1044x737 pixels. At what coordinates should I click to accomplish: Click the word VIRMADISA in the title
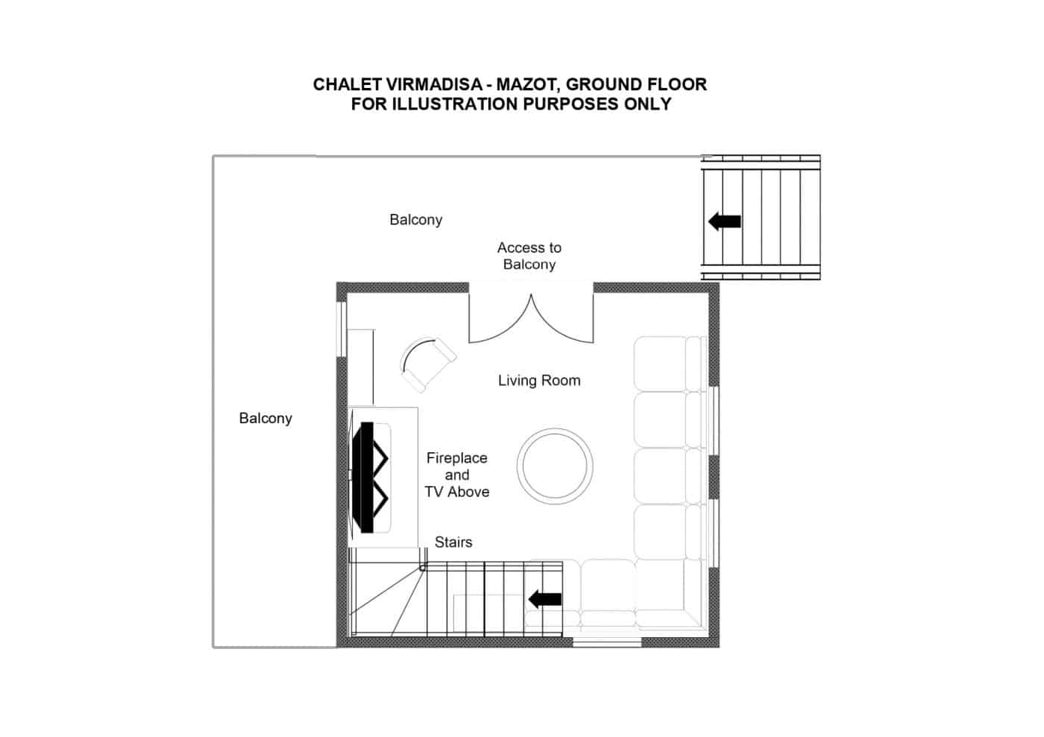[x=433, y=85]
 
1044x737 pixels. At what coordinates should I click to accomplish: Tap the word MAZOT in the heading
[x=528, y=85]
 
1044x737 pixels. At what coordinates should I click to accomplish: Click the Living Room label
[x=539, y=381]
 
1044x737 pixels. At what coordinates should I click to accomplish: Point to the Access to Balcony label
[x=529, y=256]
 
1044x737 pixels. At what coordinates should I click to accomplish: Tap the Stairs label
[x=453, y=542]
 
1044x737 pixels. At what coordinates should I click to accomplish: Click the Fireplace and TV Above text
[x=456, y=475]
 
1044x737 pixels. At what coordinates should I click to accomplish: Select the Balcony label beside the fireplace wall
[x=265, y=418]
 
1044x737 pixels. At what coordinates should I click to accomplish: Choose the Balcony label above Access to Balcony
[x=416, y=220]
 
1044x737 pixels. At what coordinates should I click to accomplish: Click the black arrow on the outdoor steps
[x=725, y=221]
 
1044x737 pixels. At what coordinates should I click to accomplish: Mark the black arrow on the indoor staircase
[x=545, y=599]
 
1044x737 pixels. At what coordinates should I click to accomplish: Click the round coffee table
[x=555, y=466]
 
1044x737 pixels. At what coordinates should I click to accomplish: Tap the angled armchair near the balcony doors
[x=427, y=364]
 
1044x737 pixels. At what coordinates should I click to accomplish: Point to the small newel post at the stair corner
[x=422, y=567]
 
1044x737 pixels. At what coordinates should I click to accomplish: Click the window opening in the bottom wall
[x=607, y=642]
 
